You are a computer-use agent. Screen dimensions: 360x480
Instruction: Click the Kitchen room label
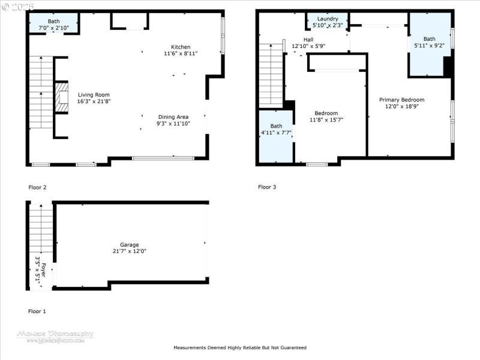coord(181,47)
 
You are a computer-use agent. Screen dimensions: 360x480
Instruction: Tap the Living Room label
coord(94,95)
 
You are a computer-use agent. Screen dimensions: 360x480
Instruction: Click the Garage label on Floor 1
coord(129,245)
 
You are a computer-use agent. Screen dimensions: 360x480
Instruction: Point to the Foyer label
coord(40,270)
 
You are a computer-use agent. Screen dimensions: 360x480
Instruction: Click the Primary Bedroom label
coord(401,100)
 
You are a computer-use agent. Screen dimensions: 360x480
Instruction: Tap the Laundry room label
coord(328,19)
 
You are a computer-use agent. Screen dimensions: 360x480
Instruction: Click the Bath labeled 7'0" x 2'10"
coord(54,22)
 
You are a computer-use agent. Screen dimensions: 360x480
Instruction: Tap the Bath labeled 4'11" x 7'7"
coord(275,126)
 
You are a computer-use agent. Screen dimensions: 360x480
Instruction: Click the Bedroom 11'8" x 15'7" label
coord(326,113)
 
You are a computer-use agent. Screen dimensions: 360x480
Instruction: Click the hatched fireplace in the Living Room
coord(61,97)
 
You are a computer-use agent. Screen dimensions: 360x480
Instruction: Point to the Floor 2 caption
coord(37,187)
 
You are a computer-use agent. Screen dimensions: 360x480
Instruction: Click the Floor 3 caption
coord(267,187)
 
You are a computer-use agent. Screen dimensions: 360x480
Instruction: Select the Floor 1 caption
coord(37,311)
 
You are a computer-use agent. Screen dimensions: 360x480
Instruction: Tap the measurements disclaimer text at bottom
coord(240,347)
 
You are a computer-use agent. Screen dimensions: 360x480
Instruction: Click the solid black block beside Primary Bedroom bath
coord(447,66)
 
